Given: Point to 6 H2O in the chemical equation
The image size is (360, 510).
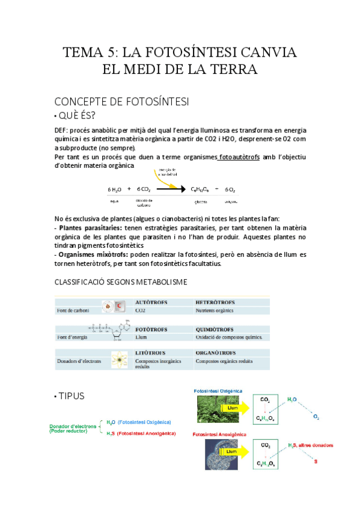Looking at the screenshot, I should pos(115,189).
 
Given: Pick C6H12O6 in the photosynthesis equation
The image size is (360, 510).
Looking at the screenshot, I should pos(201,189).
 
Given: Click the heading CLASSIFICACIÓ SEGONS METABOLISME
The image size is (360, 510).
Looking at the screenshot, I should pos(120,282).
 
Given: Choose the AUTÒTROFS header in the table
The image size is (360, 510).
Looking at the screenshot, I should pos(151,302).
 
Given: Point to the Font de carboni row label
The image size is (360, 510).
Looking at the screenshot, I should pos(71,311).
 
